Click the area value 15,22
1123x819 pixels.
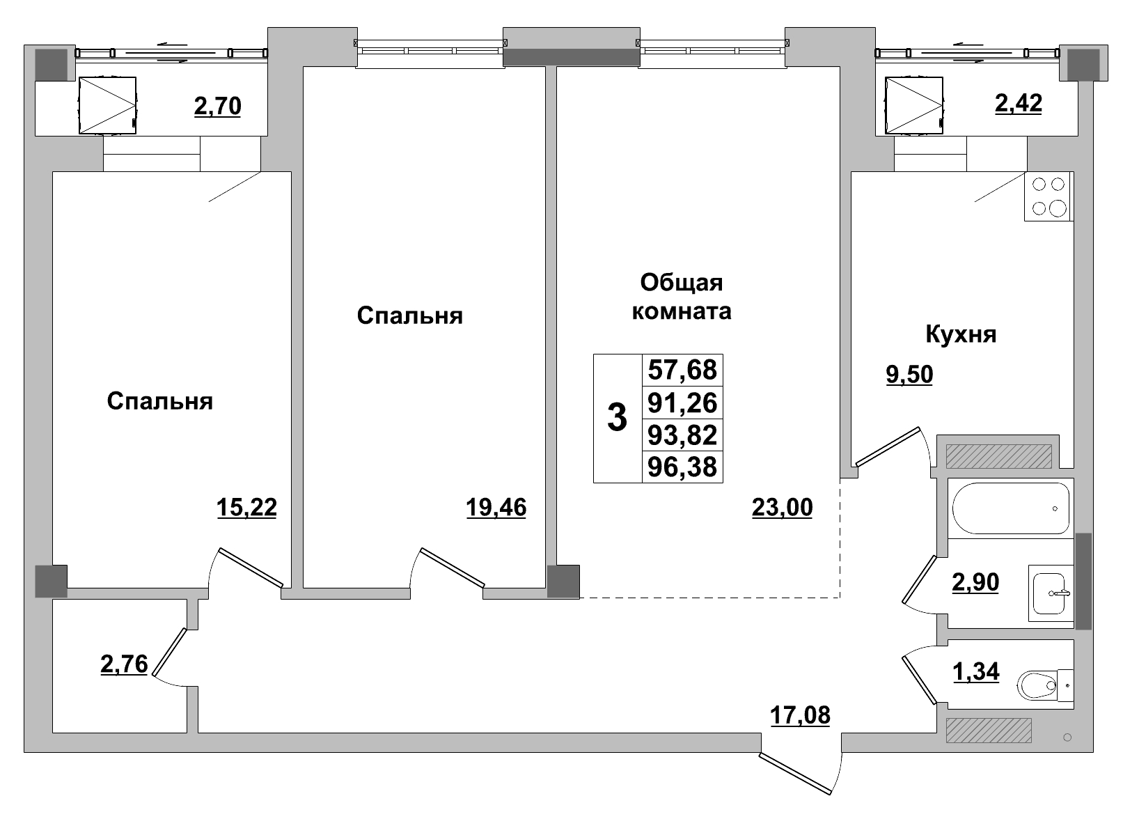[246, 508]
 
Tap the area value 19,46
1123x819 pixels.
[496, 508]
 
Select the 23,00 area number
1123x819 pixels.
[782, 508]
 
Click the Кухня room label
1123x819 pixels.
[961, 334]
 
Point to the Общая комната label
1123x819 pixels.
[681, 297]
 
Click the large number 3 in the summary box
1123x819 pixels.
[617, 419]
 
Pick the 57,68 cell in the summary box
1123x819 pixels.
[682, 370]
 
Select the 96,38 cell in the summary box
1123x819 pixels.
[682, 467]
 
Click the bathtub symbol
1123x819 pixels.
[1010, 508]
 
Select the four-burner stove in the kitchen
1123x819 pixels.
[1049, 196]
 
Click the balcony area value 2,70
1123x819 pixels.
[217, 106]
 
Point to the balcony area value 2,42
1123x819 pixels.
[1018, 103]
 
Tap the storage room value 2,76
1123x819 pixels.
[124, 664]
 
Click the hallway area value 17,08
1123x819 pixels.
[800, 715]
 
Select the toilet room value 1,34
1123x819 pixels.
[975, 671]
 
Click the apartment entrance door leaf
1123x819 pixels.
[796, 773]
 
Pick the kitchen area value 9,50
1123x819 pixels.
[909, 375]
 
